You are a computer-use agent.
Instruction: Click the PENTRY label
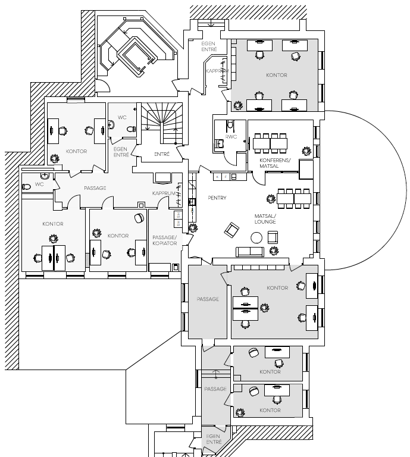(x=217, y=198)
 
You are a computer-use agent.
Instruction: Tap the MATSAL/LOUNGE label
(x=265, y=219)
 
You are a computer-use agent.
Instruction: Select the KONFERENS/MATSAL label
(x=275, y=163)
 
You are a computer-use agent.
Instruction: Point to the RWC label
(x=231, y=137)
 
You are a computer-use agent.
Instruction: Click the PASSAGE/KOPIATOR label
(x=165, y=240)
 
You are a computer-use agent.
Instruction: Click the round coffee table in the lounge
(x=256, y=238)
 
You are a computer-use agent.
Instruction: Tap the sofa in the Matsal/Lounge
(x=250, y=252)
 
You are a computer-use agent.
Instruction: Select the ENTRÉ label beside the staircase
(x=162, y=154)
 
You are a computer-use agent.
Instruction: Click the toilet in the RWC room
(x=230, y=125)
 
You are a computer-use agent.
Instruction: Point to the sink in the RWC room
(x=220, y=143)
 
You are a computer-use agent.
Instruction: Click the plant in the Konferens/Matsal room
(x=306, y=151)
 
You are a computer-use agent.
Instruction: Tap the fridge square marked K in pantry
(x=217, y=177)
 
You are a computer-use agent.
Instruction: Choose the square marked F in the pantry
(x=226, y=177)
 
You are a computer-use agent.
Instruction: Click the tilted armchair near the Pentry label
(x=231, y=229)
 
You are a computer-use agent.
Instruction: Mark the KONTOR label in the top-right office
(x=277, y=75)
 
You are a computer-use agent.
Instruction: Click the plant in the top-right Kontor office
(x=238, y=105)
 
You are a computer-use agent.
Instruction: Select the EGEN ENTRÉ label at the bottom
(x=214, y=439)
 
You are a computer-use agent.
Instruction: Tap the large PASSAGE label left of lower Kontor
(x=208, y=299)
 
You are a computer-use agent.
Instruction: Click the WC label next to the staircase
(x=122, y=117)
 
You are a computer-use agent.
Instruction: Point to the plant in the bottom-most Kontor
(x=240, y=412)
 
